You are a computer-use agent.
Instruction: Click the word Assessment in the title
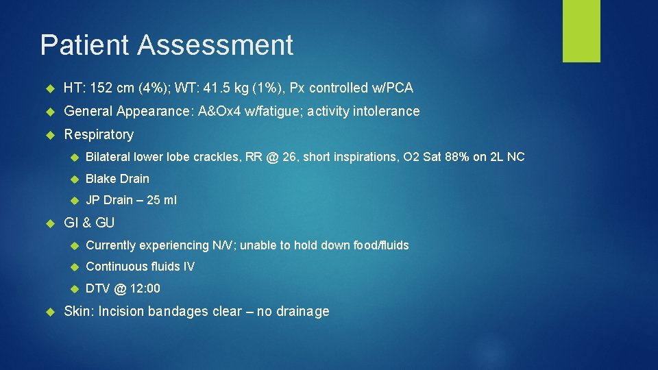coord(215,45)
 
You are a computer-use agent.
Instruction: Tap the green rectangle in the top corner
coord(581,31)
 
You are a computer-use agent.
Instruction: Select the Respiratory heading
coord(98,134)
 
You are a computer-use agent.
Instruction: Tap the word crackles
coord(216,157)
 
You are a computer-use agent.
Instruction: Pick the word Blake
coord(100,179)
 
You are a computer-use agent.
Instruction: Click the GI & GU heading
coord(89,223)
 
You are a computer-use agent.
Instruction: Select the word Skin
coord(77,311)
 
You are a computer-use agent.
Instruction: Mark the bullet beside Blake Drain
coord(75,179)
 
